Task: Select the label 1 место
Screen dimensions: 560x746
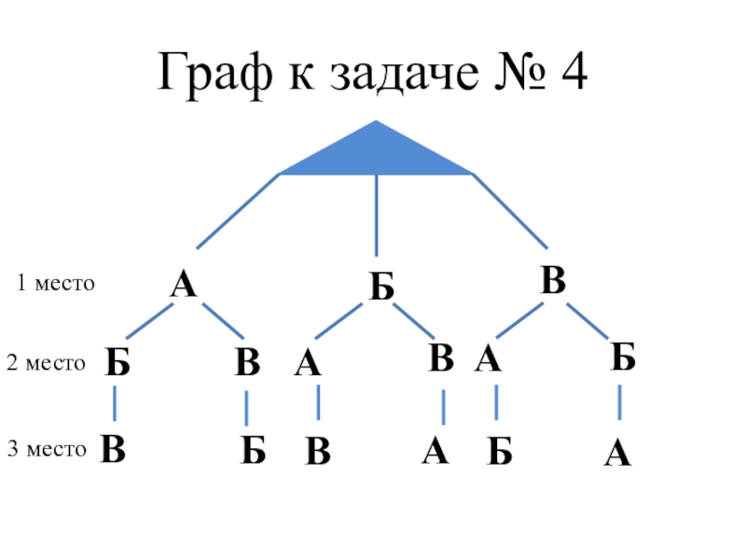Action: coord(56,283)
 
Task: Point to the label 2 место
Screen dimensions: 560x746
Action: coord(46,363)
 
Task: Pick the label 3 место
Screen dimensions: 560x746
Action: coord(47,450)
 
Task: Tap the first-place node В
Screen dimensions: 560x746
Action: coord(554,281)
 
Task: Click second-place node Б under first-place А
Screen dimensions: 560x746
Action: coord(117,362)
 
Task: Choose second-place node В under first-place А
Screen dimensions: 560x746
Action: coord(247,362)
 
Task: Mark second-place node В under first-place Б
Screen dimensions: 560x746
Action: coord(441,358)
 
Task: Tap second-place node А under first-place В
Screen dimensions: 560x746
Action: coord(487,359)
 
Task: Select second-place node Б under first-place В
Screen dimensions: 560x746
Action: coord(623,357)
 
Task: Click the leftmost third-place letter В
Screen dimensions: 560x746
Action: coord(114,449)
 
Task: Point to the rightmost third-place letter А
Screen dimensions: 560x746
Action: coord(617,455)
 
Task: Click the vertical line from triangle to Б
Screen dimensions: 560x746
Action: coord(376,215)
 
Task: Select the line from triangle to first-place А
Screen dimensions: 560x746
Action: coord(238,211)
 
